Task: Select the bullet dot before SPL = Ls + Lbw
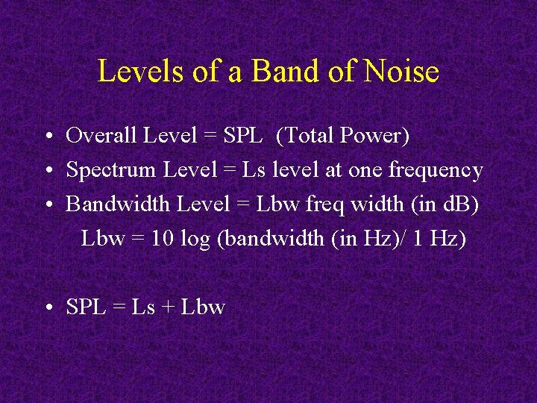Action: pos(47,308)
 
